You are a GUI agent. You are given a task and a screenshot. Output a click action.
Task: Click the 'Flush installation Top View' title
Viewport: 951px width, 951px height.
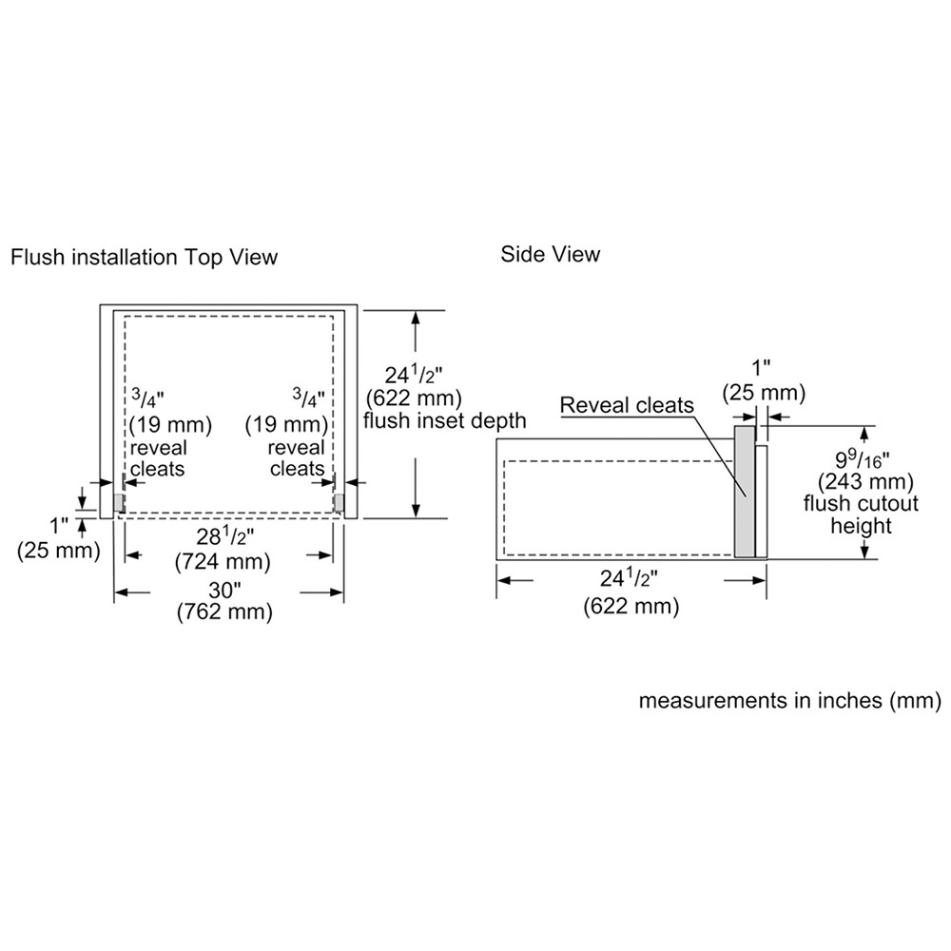144,257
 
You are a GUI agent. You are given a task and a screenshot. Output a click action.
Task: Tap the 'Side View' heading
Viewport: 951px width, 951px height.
551,254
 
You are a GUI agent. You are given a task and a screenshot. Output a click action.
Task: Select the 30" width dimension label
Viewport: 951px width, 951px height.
226,591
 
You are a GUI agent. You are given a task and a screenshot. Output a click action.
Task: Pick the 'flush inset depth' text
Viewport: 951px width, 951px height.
445,420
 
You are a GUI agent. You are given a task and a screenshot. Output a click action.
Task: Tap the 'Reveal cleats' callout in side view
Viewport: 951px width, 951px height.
627,405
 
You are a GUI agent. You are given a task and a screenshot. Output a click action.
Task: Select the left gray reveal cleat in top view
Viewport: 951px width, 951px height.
118,501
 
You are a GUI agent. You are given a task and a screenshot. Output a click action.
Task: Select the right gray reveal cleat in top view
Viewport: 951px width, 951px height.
338,501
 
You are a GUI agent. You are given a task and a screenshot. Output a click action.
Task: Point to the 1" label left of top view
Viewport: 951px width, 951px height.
60,524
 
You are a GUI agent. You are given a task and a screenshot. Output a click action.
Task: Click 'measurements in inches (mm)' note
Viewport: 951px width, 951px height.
789,701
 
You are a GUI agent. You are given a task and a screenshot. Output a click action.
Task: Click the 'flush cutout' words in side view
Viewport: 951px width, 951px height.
847,503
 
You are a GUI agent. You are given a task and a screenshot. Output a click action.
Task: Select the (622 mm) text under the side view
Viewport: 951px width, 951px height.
631,606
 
